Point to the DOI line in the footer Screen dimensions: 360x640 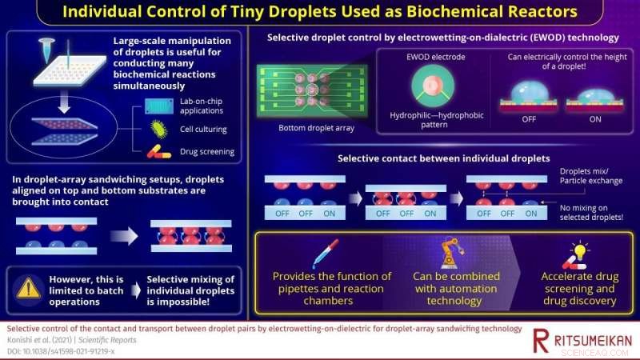pyautogui.click(x=60, y=351)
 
